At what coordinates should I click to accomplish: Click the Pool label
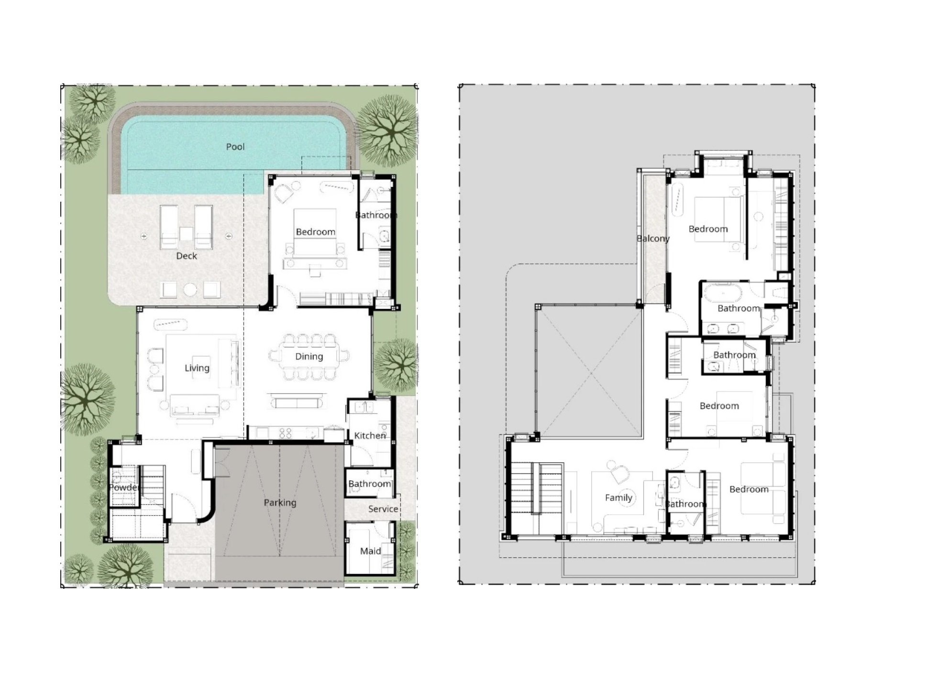pos(235,147)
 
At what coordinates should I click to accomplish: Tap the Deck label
pos(187,256)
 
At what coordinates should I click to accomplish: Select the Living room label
pos(197,368)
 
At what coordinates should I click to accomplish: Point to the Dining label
pos(309,357)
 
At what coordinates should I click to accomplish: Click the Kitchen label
pos(370,435)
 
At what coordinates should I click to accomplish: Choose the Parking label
pos(280,502)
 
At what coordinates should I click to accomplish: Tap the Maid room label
pos(371,551)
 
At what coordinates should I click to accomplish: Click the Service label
pos(383,509)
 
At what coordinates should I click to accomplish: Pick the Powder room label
pos(123,488)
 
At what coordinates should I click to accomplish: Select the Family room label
pos(619,498)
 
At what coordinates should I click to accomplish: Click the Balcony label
pos(653,239)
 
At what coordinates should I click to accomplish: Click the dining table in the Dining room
pos(309,357)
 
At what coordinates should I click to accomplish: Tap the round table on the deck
pos(190,290)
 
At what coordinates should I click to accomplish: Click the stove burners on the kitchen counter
pos(286,433)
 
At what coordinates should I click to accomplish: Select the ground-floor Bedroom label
pos(316,232)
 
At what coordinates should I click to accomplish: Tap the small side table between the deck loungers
pos(186,234)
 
